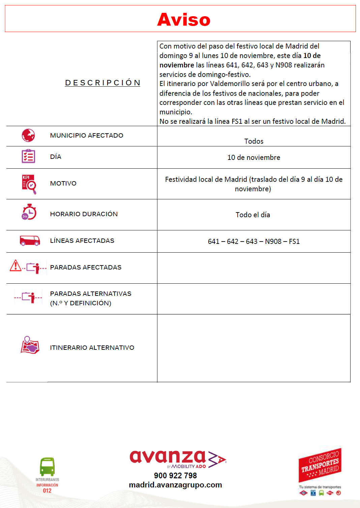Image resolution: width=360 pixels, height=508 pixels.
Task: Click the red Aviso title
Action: (x=184, y=20)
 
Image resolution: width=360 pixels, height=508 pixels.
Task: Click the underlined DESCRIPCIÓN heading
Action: (x=102, y=83)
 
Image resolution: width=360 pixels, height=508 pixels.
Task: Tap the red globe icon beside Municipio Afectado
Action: (x=28, y=135)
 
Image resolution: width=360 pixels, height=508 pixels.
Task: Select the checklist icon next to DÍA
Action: (x=28, y=156)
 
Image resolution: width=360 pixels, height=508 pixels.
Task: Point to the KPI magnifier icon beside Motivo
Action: (x=29, y=184)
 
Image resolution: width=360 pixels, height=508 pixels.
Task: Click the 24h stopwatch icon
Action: (x=29, y=212)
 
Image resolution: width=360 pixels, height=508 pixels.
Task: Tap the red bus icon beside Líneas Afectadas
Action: (x=30, y=241)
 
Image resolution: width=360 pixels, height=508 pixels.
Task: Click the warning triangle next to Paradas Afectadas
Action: (x=16, y=265)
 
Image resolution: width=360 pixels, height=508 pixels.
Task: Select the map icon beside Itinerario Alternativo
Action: (x=30, y=345)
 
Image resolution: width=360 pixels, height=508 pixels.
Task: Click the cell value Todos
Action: (x=254, y=141)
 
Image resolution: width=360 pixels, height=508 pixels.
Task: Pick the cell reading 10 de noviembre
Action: (x=254, y=158)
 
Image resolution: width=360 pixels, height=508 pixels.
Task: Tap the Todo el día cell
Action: (x=253, y=215)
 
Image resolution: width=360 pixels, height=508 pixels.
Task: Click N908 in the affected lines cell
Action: (x=273, y=242)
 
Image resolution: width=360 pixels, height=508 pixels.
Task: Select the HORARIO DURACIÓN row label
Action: (x=84, y=214)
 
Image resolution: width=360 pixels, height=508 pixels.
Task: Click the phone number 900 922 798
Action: (x=175, y=476)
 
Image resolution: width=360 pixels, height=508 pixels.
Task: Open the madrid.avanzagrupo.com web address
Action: (x=175, y=485)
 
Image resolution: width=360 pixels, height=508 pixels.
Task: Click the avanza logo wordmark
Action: (x=168, y=457)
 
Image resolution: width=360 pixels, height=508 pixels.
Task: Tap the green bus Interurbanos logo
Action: (x=47, y=467)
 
